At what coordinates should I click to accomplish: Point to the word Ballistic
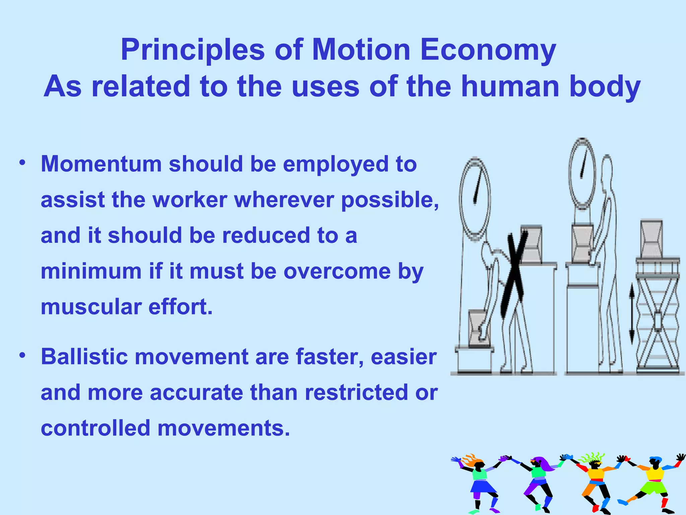pos(84,356)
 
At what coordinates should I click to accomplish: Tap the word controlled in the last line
pos(95,428)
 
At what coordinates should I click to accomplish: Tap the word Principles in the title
pos(193,50)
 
